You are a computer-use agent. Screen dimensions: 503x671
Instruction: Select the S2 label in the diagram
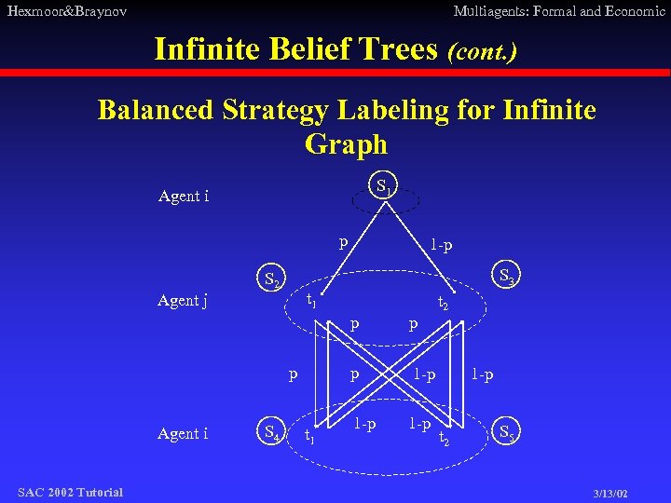[x=272, y=279]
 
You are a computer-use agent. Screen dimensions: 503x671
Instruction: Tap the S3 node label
[x=509, y=277]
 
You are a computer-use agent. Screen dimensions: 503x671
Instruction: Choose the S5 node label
[x=509, y=432]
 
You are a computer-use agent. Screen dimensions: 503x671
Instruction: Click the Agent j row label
[x=183, y=300]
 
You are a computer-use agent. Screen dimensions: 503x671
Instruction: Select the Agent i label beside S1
[x=184, y=197]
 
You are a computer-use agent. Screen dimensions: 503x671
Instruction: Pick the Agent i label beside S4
[x=183, y=433]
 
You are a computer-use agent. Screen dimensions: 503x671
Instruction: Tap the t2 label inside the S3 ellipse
[x=444, y=303]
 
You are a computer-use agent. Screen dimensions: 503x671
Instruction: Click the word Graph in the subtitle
[x=346, y=144]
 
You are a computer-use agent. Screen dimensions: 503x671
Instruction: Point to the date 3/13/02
[x=610, y=493]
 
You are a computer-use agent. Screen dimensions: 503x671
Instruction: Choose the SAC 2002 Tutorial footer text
[x=70, y=492]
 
